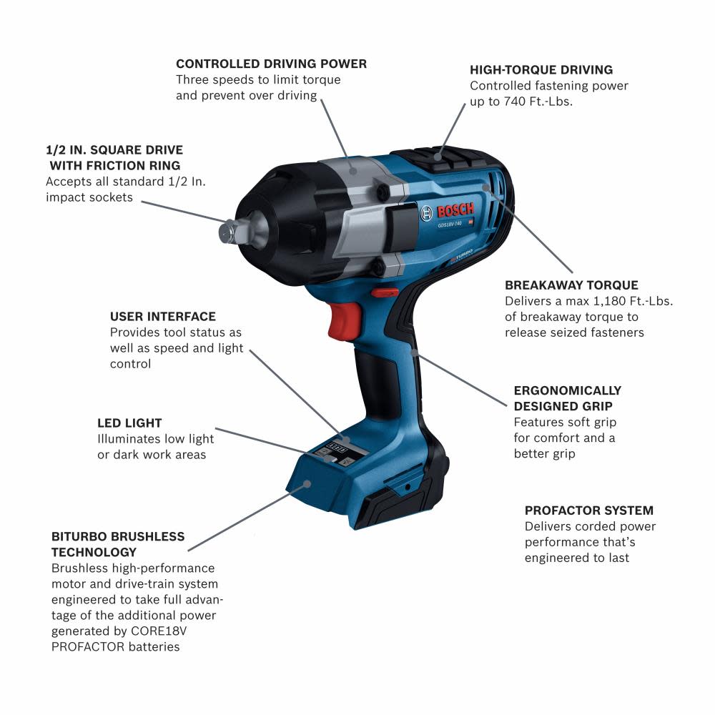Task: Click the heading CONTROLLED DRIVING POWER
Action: click(271, 64)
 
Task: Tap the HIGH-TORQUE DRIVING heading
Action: click(541, 70)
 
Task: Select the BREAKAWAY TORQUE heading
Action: click(571, 285)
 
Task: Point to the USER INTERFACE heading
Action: click(162, 316)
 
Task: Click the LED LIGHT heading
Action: click(129, 423)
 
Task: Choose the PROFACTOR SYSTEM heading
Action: click(588, 511)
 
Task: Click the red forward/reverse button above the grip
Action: click(386, 291)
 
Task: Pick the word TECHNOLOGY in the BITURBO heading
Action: click(94, 552)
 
